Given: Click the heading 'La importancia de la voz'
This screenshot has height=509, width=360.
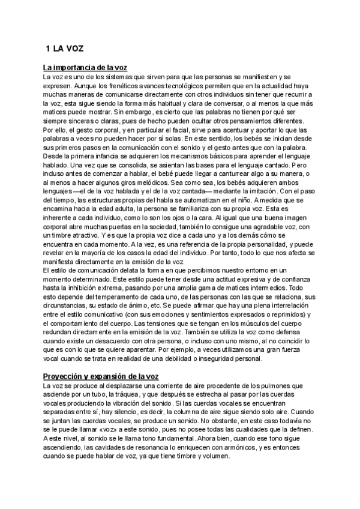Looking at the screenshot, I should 88,67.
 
